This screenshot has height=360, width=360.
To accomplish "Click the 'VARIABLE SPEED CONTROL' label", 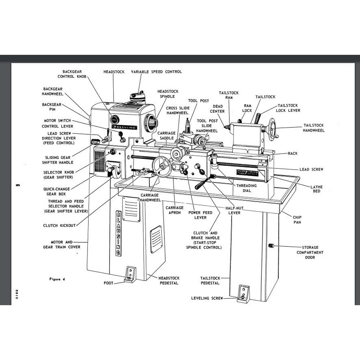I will tap(156, 72).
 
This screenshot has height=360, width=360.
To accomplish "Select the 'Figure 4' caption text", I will tap(57, 279).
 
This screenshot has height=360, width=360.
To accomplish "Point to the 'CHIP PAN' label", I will tap(297, 219).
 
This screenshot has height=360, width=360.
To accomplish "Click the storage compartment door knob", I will tap(271, 246).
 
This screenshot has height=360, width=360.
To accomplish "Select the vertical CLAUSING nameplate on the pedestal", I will tap(118, 233).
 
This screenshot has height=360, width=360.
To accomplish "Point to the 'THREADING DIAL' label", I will tap(247, 188).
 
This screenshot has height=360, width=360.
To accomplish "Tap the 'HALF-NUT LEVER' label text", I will tap(235, 210).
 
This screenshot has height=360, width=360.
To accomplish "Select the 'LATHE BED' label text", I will tap(316, 189).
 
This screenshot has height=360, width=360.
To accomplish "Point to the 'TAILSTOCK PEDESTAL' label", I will tap(210, 280).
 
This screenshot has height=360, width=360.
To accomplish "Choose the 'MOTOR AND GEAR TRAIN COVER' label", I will tap(61, 245).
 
